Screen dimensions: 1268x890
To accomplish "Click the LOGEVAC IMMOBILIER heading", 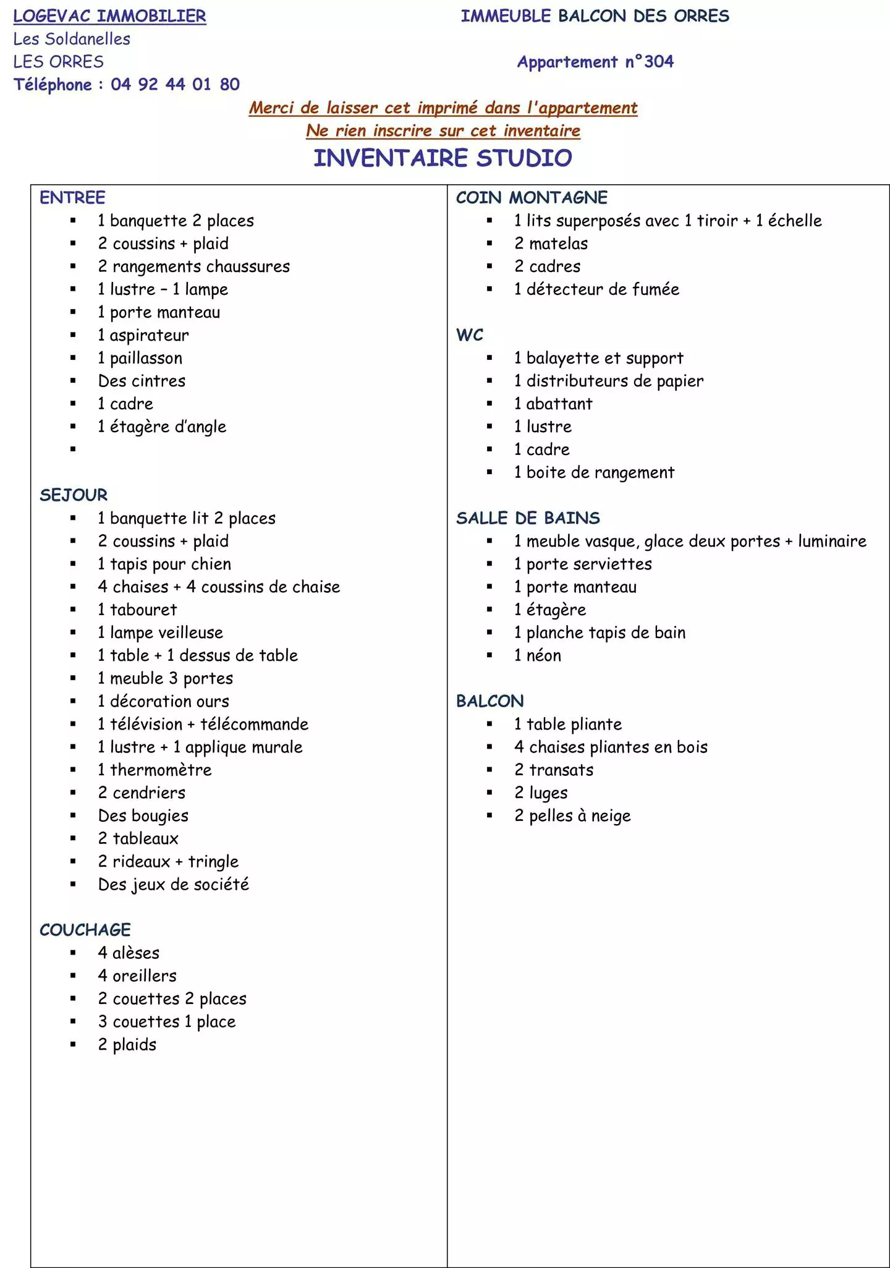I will click(x=109, y=16).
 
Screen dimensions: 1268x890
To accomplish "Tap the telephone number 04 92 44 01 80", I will click(x=175, y=84).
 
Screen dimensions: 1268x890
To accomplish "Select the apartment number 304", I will click(x=659, y=62).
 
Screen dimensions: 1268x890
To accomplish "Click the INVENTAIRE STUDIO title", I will click(x=443, y=158).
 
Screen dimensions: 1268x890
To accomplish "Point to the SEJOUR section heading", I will click(x=74, y=495).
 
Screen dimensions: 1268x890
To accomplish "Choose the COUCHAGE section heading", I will click(x=85, y=930).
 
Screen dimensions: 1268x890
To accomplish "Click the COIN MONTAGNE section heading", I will click(x=532, y=198).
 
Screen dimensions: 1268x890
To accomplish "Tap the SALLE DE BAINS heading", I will click(x=528, y=518).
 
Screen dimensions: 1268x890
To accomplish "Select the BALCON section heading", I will click(x=489, y=701).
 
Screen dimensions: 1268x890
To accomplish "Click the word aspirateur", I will click(x=149, y=336).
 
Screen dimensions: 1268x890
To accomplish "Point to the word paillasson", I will click(x=146, y=359).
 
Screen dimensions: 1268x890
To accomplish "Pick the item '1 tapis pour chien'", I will click(x=164, y=564).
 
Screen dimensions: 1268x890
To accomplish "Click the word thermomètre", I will click(x=161, y=770).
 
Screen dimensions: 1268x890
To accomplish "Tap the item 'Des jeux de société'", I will click(x=173, y=885).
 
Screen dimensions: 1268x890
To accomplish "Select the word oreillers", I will click(x=145, y=976).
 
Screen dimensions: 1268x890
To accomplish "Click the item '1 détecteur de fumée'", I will click(x=596, y=289).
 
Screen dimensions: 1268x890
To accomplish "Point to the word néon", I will click(x=544, y=656).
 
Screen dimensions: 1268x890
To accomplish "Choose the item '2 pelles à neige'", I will click(x=572, y=816).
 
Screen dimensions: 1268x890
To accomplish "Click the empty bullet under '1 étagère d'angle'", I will click(x=73, y=449).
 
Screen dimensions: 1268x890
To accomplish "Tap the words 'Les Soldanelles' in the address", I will click(x=72, y=39).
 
